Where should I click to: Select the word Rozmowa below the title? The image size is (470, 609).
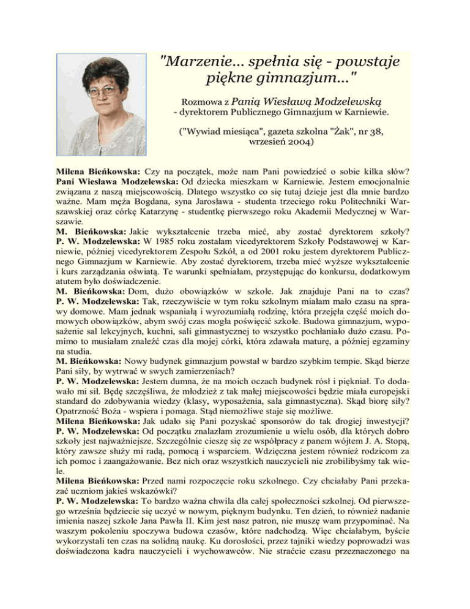(x=193, y=100)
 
